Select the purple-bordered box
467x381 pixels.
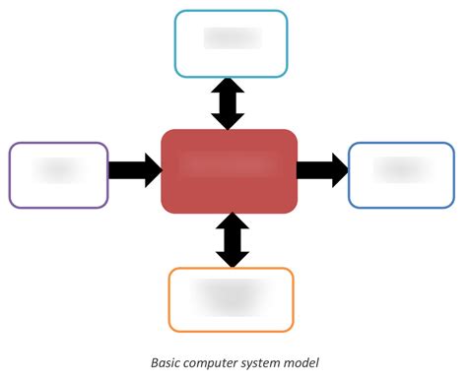58,174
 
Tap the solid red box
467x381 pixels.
230,170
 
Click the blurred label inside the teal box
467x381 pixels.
232,38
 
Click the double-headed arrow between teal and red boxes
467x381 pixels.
229,104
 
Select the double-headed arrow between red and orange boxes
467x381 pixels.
233,240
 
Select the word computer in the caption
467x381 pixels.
210,362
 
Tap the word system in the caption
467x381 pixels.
261,362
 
